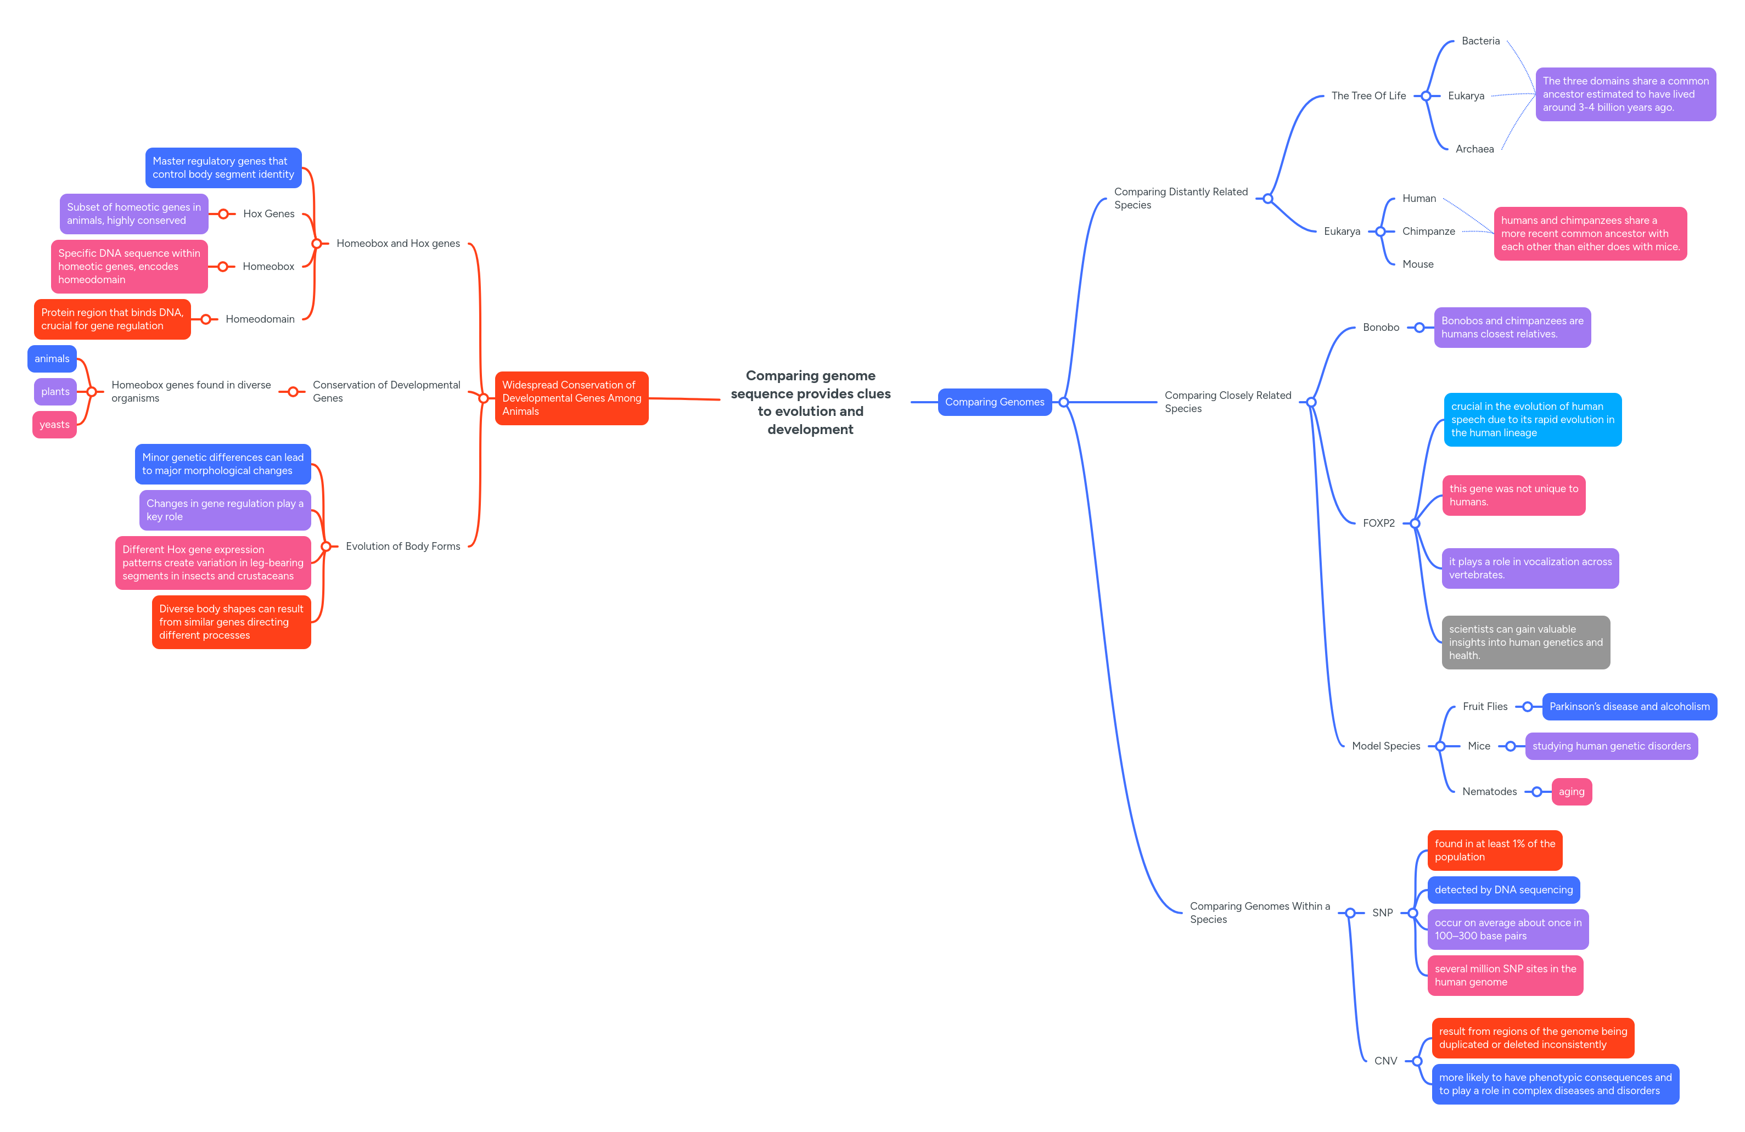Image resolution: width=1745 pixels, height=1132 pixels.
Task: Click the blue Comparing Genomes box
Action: click(x=994, y=402)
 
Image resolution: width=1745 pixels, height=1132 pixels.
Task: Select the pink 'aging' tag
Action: click(x=1570, y=791)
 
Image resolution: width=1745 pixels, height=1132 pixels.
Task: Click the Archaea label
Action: click(x=1474, y=149)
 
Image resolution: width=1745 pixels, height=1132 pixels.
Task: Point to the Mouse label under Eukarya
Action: click(x=1417, y=264)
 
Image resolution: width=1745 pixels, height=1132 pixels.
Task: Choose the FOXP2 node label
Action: click(x=1378, y=523)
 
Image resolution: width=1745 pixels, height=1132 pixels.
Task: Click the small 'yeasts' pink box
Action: click(x=54, y=425)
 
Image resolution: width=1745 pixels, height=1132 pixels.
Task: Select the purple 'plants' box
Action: click(x=55, y=391)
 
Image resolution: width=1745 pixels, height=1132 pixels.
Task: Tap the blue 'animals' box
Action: click(x=52, y=358)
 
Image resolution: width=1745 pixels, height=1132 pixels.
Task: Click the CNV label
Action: click(x=1385, y=1060)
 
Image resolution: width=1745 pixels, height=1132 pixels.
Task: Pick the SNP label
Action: click(x=1382, y=912)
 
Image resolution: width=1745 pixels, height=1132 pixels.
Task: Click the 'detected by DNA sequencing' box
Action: click(x=1503, y=889)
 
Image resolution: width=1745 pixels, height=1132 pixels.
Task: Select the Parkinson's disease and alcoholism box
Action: click(x=1629, y=706)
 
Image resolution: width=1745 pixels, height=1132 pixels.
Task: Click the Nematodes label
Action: click(x=1489, y=791)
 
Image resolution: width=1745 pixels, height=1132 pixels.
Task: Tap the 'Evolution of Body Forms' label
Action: click(x=402, y=546)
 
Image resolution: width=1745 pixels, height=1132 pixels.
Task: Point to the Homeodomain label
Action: click(x=260, y=319)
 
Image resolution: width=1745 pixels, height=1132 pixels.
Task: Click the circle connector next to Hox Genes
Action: click(x=223, y=214)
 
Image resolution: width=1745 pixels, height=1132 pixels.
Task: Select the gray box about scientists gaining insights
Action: click(x=1525, y=641)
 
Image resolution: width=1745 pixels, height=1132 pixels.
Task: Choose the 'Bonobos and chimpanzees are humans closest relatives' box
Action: click(x=1511, y=327)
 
